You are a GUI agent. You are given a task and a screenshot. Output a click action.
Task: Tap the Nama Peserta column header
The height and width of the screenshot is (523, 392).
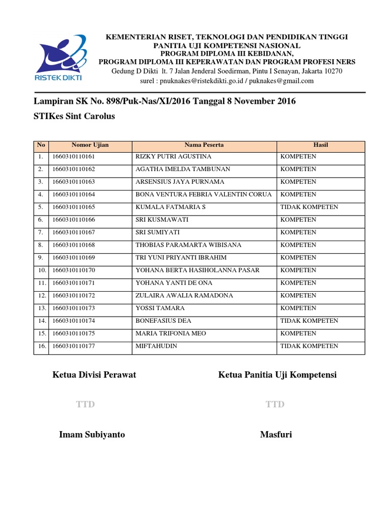[x=204, y=146]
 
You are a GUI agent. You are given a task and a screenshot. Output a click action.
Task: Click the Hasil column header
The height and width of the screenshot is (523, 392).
[x=321, y=146]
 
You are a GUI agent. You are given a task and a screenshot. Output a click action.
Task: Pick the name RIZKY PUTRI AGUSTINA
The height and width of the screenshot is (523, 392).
[x=174, y=157]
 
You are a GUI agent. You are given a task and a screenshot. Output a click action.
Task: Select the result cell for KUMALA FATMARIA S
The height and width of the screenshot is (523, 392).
[x=309, y=207]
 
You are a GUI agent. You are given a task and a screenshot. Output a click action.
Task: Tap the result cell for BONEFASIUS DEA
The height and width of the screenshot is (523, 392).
[x=309, y=321]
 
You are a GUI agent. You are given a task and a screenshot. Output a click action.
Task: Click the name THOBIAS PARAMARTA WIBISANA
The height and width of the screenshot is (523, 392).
[x=188, y=245]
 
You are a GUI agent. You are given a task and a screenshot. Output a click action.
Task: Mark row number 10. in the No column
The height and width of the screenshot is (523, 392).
[x=41, y=270]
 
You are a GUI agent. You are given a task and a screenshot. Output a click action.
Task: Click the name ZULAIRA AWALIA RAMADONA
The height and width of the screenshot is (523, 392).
[x=184, y=296]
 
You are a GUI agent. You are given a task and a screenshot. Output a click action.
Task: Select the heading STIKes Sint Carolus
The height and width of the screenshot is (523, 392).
[x=74, y=116]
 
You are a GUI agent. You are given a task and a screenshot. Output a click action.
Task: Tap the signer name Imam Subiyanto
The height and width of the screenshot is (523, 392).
[x=92, y=435]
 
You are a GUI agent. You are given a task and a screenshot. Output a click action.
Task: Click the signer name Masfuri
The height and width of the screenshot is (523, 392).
[x=276, y=435]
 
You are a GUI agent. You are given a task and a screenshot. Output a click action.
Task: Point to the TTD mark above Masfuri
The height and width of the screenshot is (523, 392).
[x=275, y=405]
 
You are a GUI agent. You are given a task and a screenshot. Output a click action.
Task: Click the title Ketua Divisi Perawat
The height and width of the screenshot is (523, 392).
[x=94, y=375]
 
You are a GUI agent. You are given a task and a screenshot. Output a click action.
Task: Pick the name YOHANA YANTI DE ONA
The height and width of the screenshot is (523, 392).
[x=174, y=283]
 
